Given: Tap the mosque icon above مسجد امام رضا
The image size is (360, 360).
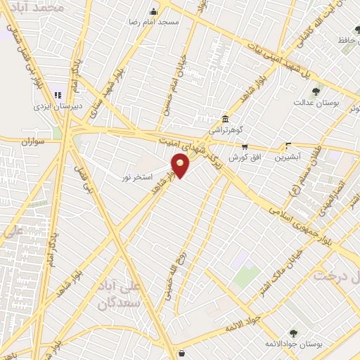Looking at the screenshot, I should pos(155,11).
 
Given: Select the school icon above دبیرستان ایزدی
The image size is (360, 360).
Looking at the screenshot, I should pos(58,94).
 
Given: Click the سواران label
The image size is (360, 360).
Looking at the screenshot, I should pos(32,141).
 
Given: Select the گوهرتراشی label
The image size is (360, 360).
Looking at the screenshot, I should pos(225,130).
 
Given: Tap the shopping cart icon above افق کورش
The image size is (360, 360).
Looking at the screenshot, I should pos(245,147).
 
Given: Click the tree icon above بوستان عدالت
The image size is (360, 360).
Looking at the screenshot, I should pos(316,90).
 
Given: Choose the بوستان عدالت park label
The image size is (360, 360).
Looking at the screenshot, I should pos(316,102).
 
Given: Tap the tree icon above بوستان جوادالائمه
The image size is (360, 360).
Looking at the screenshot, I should pos(293,333).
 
